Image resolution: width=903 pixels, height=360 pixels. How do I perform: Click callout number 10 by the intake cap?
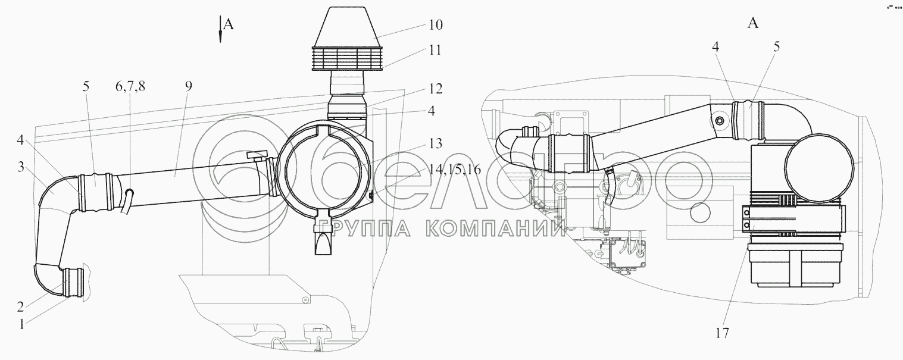[435, 24]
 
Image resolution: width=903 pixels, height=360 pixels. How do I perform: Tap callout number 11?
[435, 50]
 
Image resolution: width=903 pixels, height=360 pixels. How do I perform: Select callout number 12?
[435, 88]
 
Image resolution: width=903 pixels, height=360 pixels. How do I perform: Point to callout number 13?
[435, 143]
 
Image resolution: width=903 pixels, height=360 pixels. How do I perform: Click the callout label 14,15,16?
[455, 170]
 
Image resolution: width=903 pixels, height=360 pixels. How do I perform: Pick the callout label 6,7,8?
[130, 86]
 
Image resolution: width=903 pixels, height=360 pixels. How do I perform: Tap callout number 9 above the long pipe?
[189, 86]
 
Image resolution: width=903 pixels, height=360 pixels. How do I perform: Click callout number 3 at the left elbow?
[21, 167]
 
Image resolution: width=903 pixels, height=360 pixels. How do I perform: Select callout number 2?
[21, 306]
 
